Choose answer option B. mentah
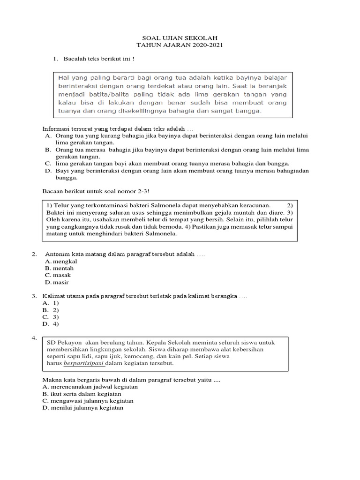[x=59, y=268]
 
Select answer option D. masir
[x=58, y=282]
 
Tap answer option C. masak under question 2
[x=58, y=275]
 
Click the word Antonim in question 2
[x=56, y=254]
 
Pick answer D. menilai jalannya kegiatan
[x=83, y=408]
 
